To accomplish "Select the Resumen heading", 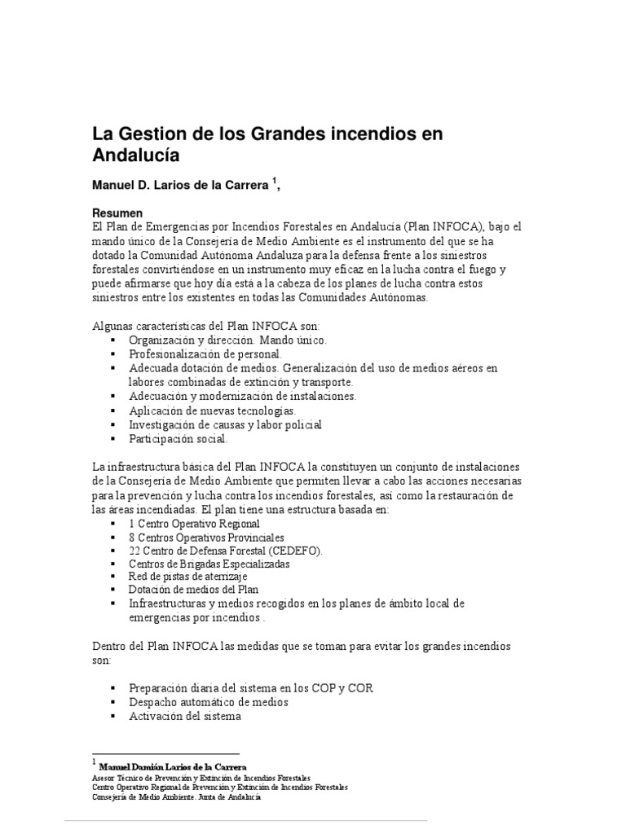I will click(x=120, y=211).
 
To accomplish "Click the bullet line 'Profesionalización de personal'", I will click(x=205, y=354).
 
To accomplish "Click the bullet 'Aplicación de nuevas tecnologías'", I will click(x=212, y=410).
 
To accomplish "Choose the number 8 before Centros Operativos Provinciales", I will click(x=133, y=538).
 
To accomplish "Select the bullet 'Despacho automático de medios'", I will click(x=209, y=701).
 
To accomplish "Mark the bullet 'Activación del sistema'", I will click(x=185, y=716).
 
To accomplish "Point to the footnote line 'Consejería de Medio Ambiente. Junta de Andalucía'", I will click(x=177, y=797).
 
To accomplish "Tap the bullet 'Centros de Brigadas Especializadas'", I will click(x=209, y=564).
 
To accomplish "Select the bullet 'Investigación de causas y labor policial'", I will click(x=225, y=424).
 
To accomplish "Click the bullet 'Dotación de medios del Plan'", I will click(x=194, y=590).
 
